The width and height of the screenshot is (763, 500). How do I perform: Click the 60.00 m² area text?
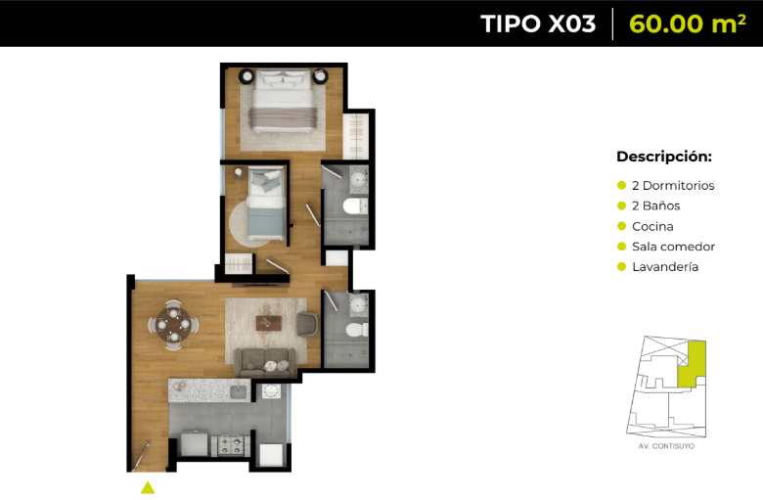(x=687, y=23)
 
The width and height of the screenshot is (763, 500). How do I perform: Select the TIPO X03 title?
(x=538, y=23)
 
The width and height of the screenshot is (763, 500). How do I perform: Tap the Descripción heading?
(x=664, y=157)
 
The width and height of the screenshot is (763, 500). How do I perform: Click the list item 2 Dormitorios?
(x=673, y=186)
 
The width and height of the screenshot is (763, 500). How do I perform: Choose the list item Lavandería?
(x=665, y=267)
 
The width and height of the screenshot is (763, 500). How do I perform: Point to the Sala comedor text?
(x=673, y=247)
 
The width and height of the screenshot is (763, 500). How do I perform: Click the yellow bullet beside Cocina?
(x=621, y=226)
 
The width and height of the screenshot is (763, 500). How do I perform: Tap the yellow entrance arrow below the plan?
(x=148, y=488)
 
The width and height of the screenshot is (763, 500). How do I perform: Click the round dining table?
(x=173, y=324)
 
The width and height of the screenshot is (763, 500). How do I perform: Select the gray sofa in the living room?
(x=265, y=363)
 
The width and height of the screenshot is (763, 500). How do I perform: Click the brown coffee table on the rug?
(x=269, y=323)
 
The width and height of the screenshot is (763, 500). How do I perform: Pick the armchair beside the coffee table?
(x=307, y=324)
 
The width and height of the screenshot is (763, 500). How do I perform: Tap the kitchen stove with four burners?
(x=231, y=444)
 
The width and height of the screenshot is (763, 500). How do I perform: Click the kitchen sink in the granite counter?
(x=240, y=391)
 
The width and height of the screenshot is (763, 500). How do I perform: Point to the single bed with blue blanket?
(x=266, y=204)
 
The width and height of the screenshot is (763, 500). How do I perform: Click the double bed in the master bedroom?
(x=284, y=101)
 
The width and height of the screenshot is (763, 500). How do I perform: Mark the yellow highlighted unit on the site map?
(x=692, y=365)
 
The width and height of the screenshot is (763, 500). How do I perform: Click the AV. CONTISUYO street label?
(x=666, y=446)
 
